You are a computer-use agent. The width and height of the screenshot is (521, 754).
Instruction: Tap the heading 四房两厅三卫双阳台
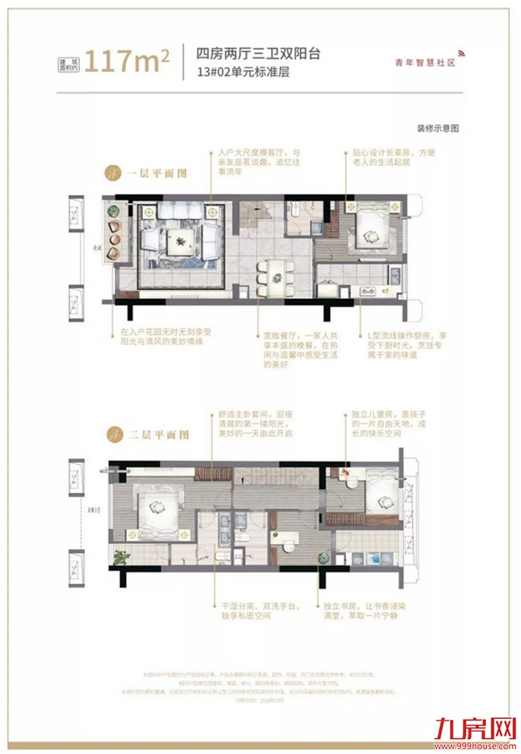(x=258, y=52)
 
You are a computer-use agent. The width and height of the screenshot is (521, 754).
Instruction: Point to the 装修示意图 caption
(x=438, y=129)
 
